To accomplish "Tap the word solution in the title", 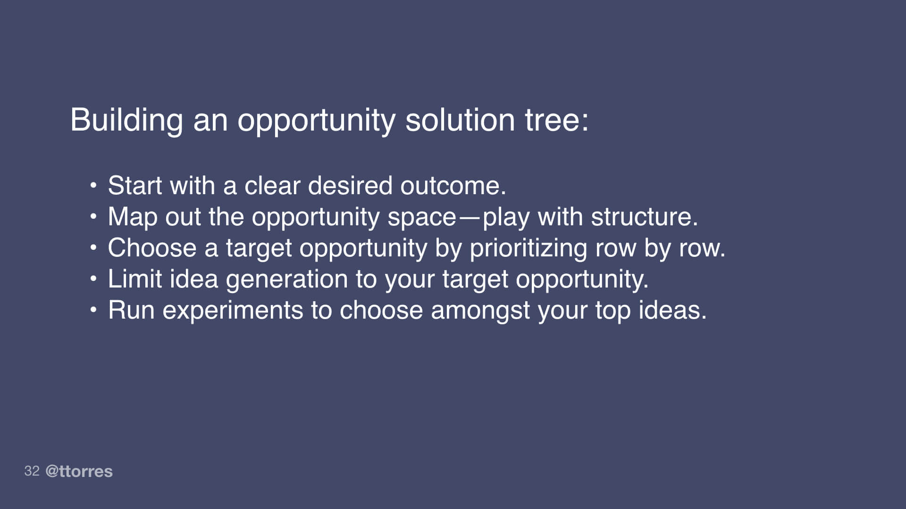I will point(460,120).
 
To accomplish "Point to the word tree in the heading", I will point(557,120).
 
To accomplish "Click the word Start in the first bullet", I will point(135,186).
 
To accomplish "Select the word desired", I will point(350,186).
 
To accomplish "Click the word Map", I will point(132,217).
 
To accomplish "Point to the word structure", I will point(644,217).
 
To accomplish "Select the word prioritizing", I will point(528,248).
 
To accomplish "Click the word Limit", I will point(135,279).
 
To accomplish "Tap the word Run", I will point(131,311).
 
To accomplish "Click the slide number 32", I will point(32,471).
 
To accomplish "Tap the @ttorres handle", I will point(79,471).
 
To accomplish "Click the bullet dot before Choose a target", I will point(93,247).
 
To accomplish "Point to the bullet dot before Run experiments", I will point(93,310).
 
